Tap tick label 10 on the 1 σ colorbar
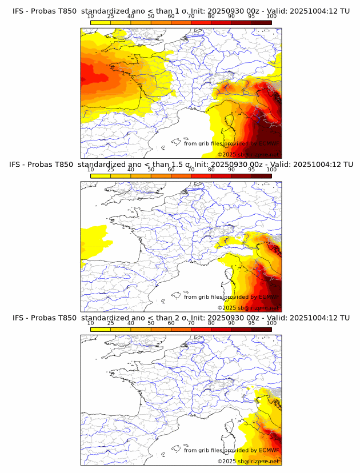(90, 17)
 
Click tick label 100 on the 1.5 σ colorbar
(271, 170)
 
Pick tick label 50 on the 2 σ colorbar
(151, 323)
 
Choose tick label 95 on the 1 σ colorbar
(251, 17)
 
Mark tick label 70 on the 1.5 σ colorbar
(191, 170)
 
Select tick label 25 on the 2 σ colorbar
(110, 323)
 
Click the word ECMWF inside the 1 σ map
(269, 144)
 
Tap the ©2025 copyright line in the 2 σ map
(248, 461)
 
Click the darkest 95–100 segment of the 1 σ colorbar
(261, 22)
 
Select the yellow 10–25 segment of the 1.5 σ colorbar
(101, 176)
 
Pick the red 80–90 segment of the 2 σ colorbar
(221, 329)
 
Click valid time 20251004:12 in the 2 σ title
(316, 318)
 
